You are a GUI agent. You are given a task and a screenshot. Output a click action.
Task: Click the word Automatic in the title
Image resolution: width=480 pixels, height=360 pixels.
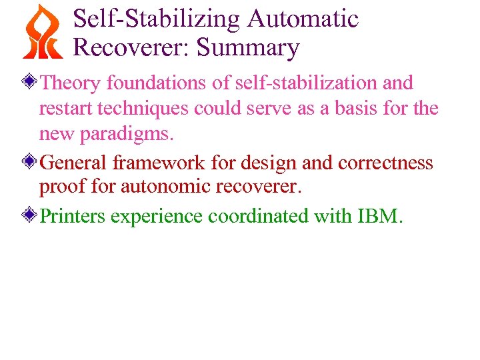coord(303,18)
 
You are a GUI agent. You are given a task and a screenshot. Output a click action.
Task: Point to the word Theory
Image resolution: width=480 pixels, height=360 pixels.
coord(71,83)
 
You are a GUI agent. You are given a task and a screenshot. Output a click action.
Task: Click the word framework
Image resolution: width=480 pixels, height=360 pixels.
coord(159,163)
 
